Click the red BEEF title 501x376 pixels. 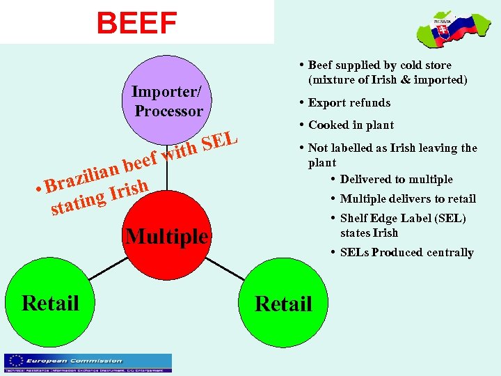pyautogui.click(x=137, y=22)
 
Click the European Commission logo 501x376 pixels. pyautogui.click(x=88, y=362)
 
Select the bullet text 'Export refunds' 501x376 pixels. pyautogui.click(x=349, y=102)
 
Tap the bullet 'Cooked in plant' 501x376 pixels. pyautogui.click(x=351, y=125)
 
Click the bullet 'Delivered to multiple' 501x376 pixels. pyautogui.click(x=396, y=179)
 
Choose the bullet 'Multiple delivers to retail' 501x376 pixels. pyautogui.click(x=408, y=198)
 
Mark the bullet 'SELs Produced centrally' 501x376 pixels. pyautogui.click(x=406, y=252)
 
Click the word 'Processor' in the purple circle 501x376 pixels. pyautogui.click(x=169, y=111)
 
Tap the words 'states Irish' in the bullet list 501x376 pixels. pyautogui.click(x=369, y=233)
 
